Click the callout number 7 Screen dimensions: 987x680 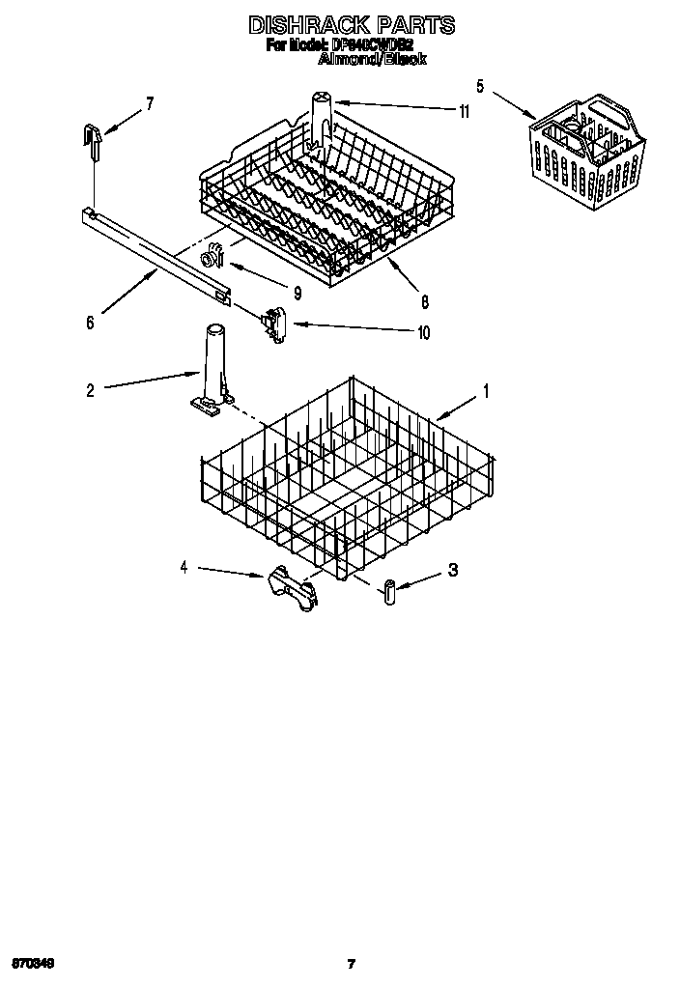[150, 104]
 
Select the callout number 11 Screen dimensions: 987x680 [464, 112]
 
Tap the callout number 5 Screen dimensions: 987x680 [480, 85]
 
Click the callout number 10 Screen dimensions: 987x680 [422, 333]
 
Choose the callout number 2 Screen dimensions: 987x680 [90, 391]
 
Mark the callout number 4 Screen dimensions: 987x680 [184, 567]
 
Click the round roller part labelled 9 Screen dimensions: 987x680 [211, 258]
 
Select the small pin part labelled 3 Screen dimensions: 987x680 [389, 592]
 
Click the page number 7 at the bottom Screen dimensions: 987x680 [352, 963]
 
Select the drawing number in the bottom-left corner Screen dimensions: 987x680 [34, 963]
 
